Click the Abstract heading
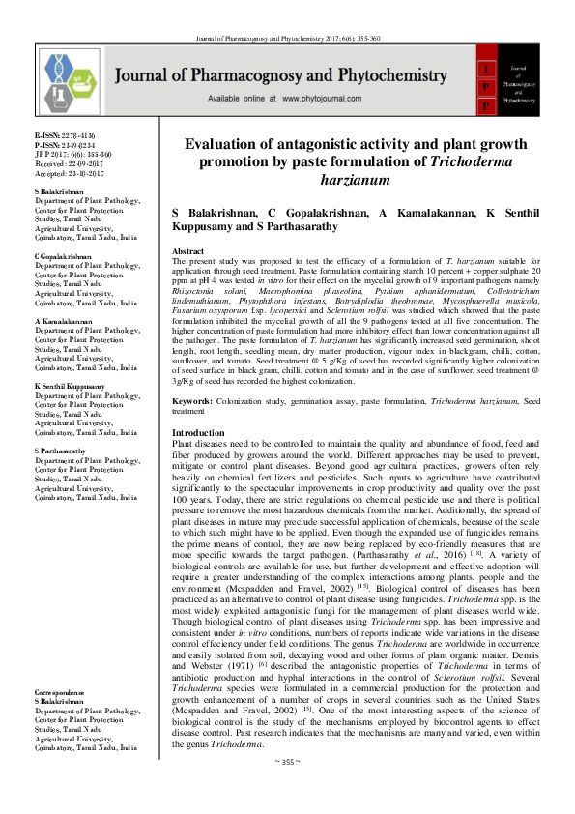click(187, 250)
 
